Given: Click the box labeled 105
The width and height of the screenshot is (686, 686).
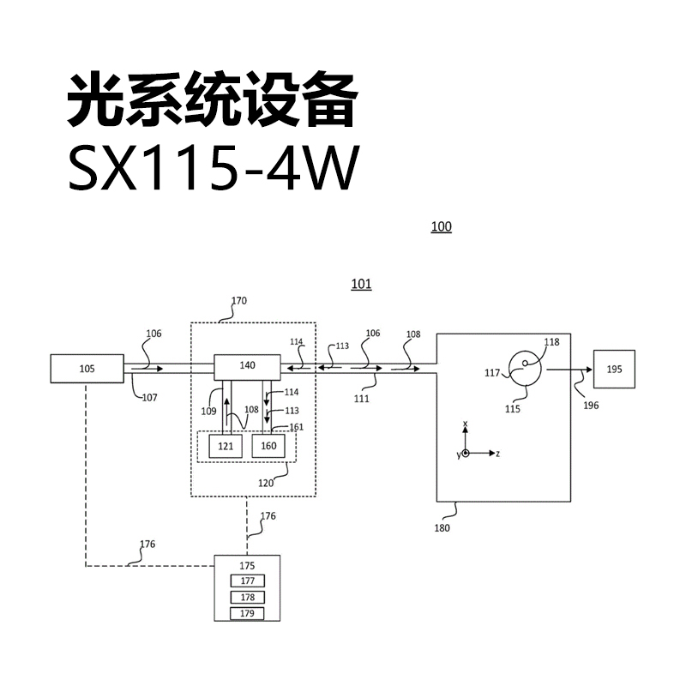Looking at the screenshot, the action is (87, 369).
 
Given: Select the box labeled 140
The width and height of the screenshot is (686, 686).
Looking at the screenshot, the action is (247, 367).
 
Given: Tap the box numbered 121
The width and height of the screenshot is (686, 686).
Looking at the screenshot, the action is (226, 446).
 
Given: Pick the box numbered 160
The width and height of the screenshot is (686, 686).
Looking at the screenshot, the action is (268, 446).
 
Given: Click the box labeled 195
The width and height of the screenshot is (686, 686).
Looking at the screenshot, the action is (614, 369).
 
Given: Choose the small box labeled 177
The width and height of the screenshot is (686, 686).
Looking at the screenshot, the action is (248, 581).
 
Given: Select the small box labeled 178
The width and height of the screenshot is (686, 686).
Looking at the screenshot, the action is (248, 597).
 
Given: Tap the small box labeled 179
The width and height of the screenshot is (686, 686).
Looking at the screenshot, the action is (248, 613).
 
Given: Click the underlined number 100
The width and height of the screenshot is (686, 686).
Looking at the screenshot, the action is (442, 226).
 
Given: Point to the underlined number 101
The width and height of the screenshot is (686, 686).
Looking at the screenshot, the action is (361, 284).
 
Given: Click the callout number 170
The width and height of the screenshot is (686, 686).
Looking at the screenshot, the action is (239, 301).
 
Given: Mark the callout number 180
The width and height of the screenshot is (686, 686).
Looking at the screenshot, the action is (442, 528).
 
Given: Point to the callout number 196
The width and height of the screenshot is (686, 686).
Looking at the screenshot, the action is (591, 406).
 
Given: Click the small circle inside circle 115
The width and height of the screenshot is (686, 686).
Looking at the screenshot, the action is (525, 363).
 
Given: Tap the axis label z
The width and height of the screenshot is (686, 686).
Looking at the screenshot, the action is (498, 454).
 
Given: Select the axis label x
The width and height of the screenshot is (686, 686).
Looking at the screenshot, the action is (465, 424).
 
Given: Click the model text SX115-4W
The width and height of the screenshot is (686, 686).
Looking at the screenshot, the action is (214, 168).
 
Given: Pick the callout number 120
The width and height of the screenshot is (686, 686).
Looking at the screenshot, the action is (266, 483).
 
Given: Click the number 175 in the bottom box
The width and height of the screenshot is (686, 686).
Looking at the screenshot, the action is (247, 566).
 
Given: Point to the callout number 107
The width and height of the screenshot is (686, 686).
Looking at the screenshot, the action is (149, 398).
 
